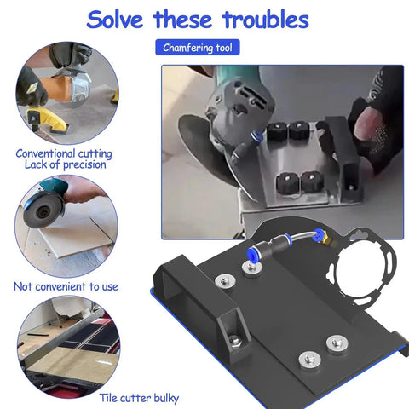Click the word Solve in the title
115,20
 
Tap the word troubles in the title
266,20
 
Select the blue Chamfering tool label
198,48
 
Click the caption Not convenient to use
66,286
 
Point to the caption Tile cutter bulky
139,398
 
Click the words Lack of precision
66,164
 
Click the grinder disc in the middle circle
43,211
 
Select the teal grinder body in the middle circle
54,187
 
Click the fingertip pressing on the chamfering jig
366,123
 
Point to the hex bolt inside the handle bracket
234,339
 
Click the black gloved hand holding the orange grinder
32,88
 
